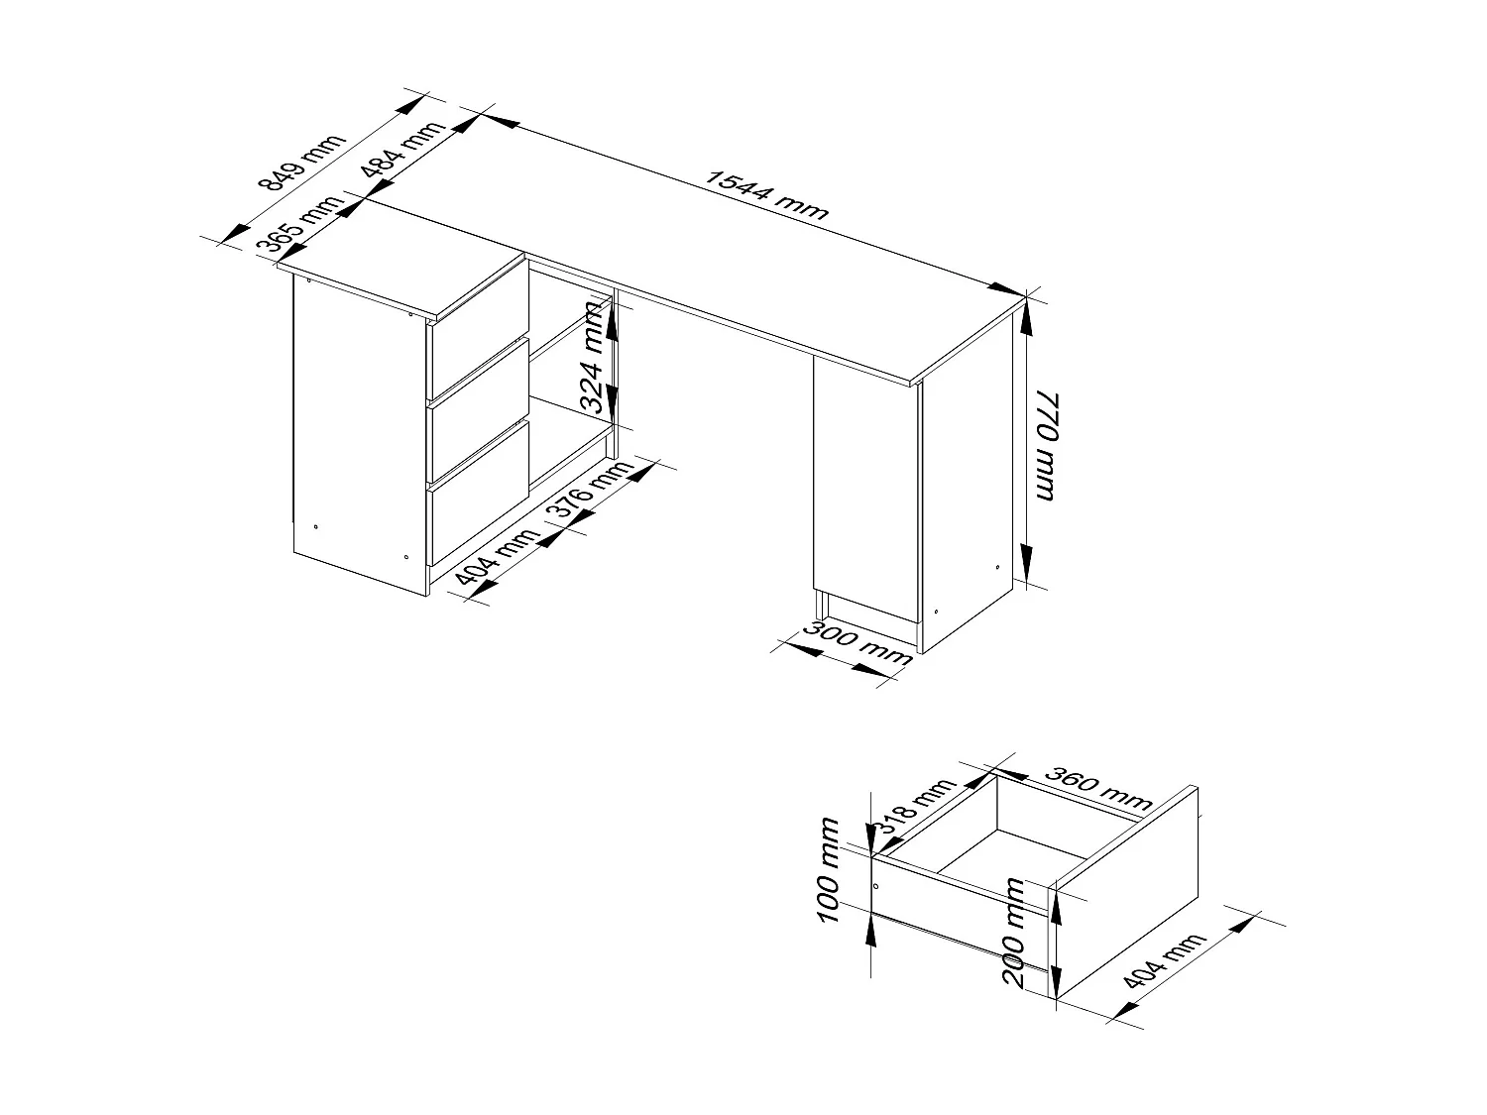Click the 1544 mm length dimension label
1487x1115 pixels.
click(765, 194)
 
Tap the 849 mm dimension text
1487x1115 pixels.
click(300, 162)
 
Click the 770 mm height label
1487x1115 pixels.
click(1045, 445)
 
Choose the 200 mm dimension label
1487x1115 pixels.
click(1013, 932)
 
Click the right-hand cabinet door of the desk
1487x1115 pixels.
click(864, 491)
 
